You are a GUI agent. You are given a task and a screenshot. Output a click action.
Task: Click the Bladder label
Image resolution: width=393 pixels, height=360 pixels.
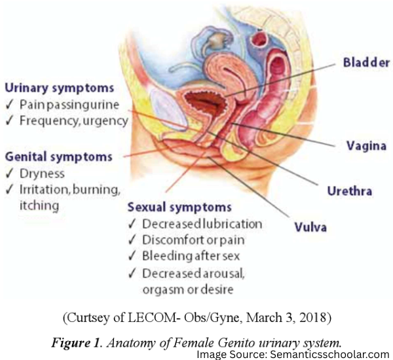[366, 62]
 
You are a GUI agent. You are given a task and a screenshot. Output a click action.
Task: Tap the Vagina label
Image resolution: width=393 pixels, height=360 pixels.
[366, 146]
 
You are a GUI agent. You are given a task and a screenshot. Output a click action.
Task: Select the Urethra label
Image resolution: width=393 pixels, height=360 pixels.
[349, 191]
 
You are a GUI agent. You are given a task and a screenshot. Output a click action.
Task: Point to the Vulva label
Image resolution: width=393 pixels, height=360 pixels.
[310, 227]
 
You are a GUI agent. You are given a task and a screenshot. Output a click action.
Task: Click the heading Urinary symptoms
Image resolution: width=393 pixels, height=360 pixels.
[60, 88]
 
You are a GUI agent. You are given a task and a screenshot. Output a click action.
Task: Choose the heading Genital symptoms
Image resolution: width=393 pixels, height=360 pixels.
[59, 157]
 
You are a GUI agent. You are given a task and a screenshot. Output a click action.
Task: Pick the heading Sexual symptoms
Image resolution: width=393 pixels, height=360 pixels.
[179, 207]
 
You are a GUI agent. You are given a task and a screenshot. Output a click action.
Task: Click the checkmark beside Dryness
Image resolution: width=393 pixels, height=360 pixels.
[9, 173]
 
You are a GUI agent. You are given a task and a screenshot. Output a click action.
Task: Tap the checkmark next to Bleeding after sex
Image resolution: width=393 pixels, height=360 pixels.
[132, 256]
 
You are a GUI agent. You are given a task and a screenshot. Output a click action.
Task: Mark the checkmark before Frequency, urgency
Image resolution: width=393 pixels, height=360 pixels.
[9, 120]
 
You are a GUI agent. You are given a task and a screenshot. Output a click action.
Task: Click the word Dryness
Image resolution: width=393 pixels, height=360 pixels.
[42, 174]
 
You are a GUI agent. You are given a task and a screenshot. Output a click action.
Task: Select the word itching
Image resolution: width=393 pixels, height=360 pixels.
[39, 206]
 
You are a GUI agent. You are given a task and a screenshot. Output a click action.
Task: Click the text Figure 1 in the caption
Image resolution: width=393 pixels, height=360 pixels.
[76, 342]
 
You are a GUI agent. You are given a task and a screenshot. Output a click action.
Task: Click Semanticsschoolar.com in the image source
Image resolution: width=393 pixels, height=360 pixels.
[329, 355]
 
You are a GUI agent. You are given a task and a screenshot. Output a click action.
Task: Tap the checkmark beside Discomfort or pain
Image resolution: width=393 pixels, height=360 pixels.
[132, 240]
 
